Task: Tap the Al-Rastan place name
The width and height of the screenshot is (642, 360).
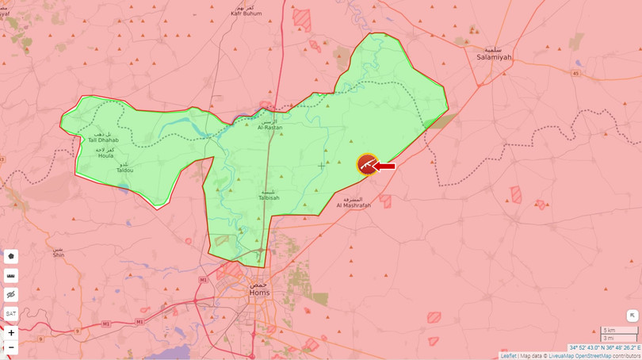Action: click(269, 126)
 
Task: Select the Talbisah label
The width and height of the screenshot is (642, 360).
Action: click(269, 197)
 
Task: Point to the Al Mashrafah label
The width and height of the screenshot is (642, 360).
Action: click(353, 205)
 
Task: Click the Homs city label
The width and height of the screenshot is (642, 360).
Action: click(259, 292)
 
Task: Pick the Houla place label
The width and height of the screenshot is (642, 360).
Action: click(105, 155)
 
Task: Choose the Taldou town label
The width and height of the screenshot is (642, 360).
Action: click(124, 170)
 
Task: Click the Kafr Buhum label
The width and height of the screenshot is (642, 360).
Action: click(246, 13)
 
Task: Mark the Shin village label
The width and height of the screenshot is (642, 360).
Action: click(59, 255)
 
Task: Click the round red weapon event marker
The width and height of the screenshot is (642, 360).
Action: click(367, 164)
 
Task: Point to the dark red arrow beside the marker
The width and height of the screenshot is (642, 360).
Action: click(385, 166)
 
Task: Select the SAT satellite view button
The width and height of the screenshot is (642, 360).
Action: click(11, 313)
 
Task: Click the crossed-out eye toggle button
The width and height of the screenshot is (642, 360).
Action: click(11, 294)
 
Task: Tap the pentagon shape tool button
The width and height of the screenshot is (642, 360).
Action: click(11, 256)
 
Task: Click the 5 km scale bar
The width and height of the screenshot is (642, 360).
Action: click(617, 330)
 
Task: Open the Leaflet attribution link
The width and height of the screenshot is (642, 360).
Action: click(508, 356)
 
